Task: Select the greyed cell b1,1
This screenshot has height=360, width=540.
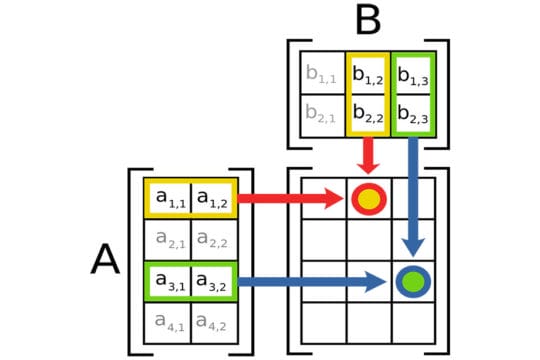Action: pyautogui.click(x=322, y=73)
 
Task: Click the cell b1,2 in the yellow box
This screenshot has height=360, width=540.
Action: pyautogui.click(x=367, y=73)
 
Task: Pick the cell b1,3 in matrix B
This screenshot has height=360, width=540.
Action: pyautogui.click(x=411, y=73)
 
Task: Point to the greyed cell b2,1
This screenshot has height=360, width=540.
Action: pyautogui.click(x=322, y=114)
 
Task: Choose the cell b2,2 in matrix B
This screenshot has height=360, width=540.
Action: pyautogui.click(x=367, y=114)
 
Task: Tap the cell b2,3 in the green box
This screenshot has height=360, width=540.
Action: pyautogui.click(x=411, y=114)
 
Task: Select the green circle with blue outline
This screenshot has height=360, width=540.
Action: pyautogui.click(x=411, y=281)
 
